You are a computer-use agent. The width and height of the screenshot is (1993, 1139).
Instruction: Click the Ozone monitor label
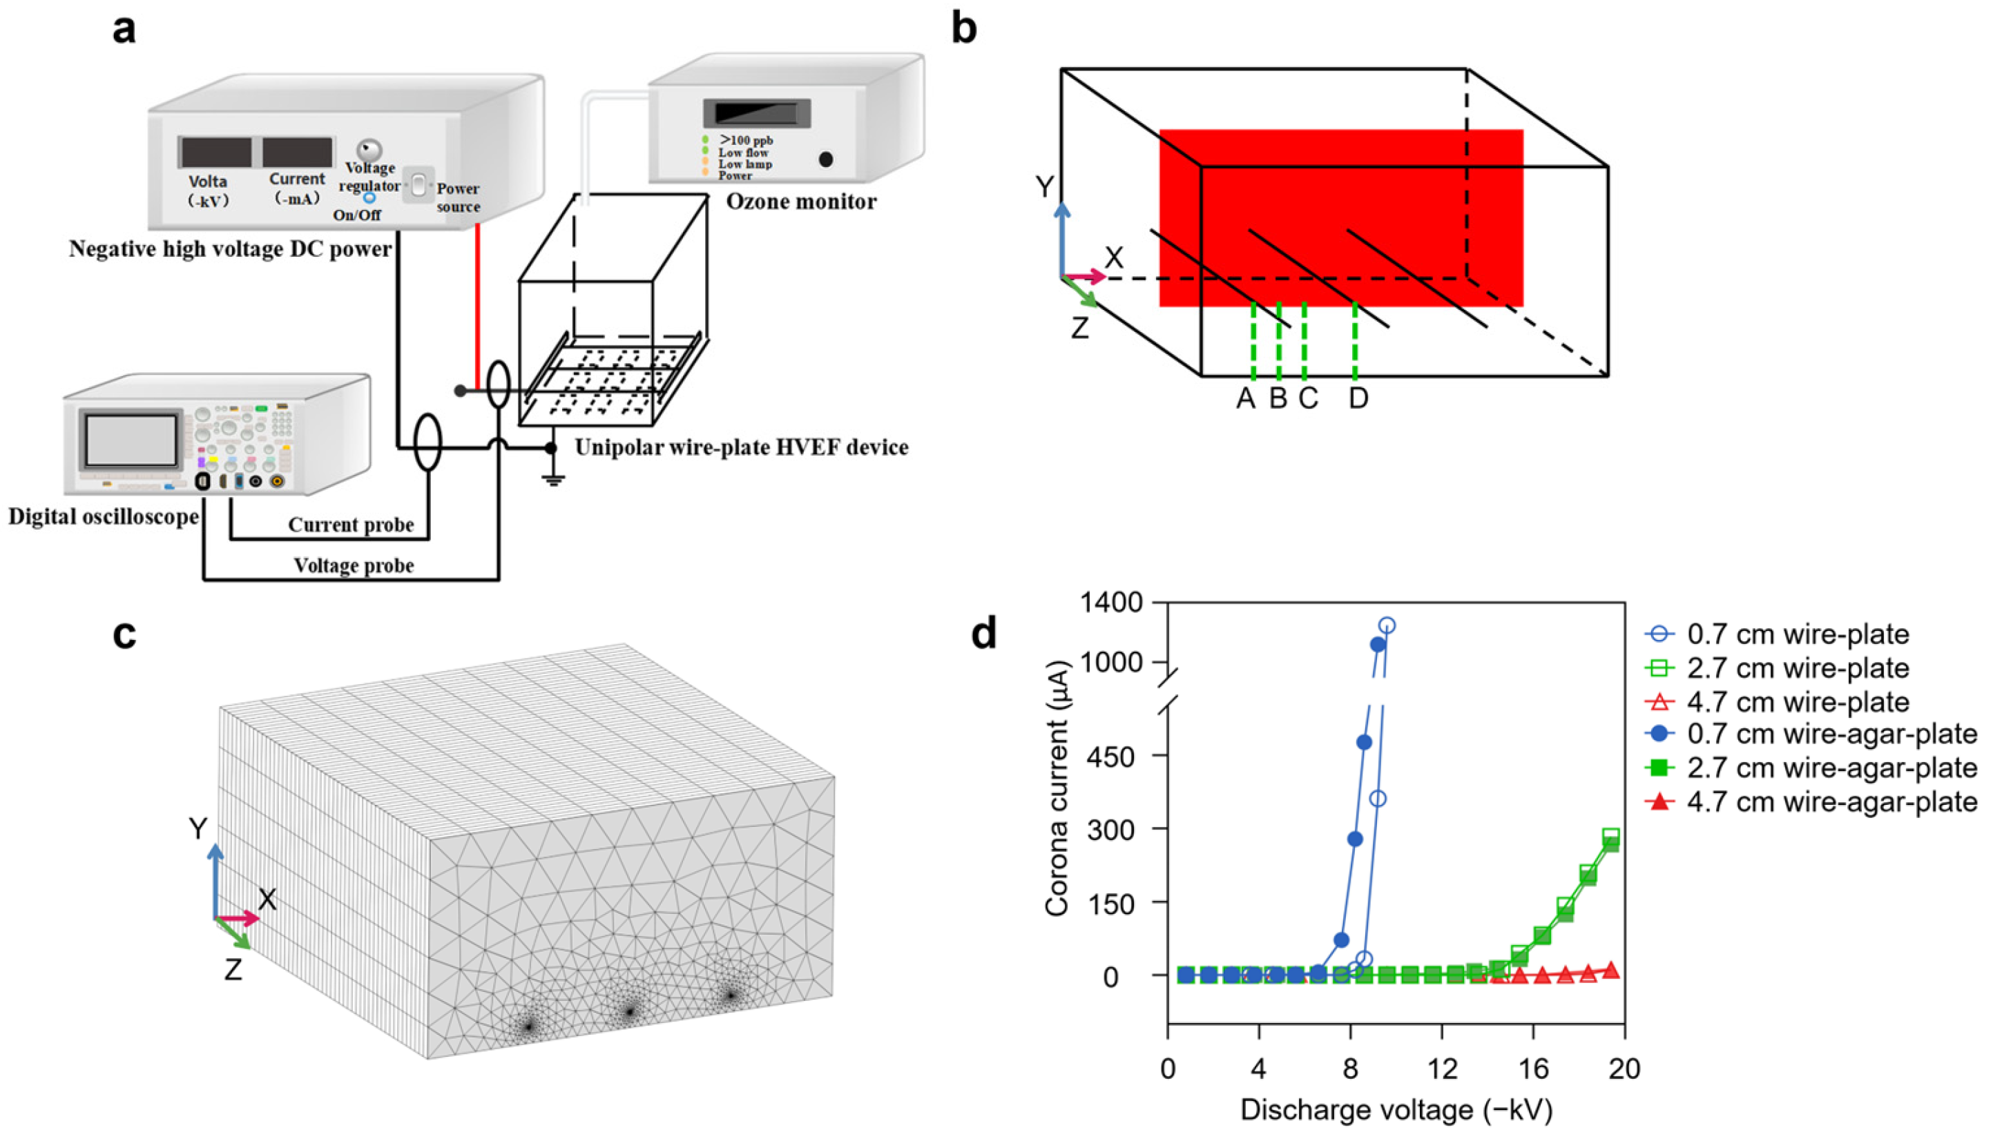point(801,202)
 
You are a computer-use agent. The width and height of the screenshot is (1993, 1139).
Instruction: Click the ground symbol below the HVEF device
point(553,479)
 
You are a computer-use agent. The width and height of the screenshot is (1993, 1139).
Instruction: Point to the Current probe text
point(351,525)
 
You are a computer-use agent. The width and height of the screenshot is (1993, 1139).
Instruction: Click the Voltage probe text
point(354,565)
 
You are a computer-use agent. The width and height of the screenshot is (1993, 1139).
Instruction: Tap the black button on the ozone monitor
point(825,159)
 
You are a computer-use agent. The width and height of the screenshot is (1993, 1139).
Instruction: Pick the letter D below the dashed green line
point(1358,399)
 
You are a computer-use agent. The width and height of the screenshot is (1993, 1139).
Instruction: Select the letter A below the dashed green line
point(1246,399)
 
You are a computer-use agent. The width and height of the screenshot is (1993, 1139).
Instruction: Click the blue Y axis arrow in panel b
point(1062,235)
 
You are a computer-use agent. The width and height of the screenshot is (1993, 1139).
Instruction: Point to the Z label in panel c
point(233,970)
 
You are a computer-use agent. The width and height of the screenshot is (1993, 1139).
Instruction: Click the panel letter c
point(124,635)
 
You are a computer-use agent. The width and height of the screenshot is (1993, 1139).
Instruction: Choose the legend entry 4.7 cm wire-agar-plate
point(1831,803)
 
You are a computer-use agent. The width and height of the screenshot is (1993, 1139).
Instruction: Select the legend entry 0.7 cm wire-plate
point(1798,634)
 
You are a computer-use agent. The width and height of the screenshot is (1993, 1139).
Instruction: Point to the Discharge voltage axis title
point(1396,1111)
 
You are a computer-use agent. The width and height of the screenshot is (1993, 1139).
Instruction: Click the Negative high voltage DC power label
point(230,249)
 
